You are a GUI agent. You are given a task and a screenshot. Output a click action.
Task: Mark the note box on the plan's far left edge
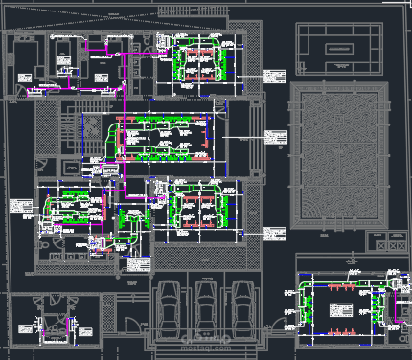[21, 207]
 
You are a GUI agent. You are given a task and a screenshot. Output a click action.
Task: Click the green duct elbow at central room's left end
[116, 129]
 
